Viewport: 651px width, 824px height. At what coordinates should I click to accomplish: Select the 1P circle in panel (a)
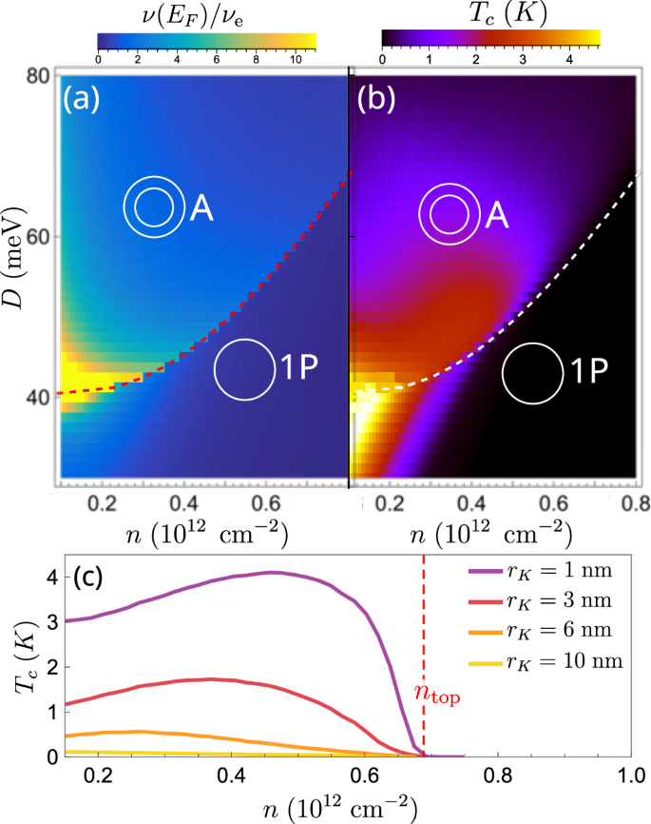[244, 369]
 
